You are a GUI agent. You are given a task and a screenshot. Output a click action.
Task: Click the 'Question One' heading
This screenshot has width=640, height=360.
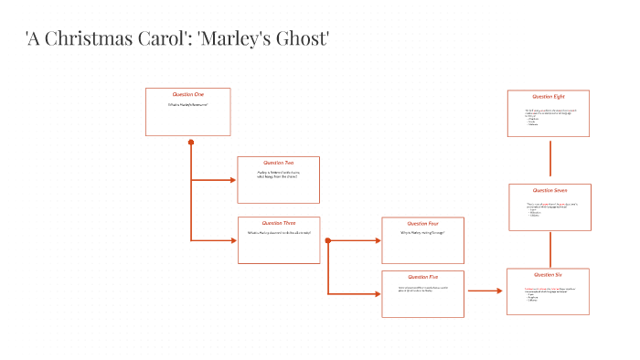tap(187, 94)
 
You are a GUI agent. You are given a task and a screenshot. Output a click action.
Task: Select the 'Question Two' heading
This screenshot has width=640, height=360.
tap(278, 163)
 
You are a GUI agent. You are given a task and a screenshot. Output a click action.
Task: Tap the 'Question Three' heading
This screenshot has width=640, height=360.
tap(279, 223)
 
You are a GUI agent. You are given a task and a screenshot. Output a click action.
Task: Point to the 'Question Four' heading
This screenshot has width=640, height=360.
tap(421, 223)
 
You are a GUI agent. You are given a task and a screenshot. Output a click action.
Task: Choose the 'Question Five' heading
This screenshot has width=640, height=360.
tap(422, 276)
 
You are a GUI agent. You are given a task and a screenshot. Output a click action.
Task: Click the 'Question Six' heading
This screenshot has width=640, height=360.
tap(549, 274)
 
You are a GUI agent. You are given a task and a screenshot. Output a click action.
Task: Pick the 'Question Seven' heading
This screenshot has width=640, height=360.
tap(549, 190)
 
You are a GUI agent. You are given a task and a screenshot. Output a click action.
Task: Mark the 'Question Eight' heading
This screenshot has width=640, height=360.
tap(549, 96)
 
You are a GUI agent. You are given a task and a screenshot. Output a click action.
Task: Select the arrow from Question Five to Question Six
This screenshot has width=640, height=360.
tap(485, 291)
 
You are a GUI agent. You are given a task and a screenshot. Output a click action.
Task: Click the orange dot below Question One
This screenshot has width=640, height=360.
tap(191, 143)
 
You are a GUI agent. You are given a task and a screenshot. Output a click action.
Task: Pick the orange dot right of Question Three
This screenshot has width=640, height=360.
tap(327, 241)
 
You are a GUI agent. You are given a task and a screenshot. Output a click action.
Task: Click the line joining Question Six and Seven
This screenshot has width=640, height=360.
tap(549, 249)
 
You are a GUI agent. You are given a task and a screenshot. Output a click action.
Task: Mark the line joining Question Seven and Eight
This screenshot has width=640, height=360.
tap(549, 158)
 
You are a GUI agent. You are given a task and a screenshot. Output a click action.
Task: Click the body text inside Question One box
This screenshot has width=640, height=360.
tap(187, 105)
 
